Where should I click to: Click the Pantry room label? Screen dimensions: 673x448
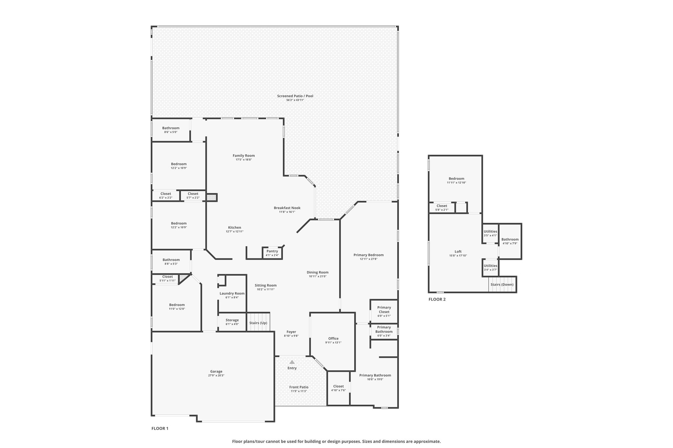click(272, 251)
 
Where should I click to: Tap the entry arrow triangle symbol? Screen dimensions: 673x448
click(292, 362)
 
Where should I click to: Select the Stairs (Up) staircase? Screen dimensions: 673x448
click(258, 322)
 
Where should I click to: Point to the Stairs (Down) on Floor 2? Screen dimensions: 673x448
click(502, 285)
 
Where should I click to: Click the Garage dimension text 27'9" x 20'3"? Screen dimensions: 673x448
click(216, 375)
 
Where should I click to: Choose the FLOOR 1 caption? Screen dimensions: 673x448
click(160, 428)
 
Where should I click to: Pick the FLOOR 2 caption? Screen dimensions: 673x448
click(437, 299)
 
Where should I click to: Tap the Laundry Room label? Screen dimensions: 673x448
click(232, 293)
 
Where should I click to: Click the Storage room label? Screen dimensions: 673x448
click(232, 320)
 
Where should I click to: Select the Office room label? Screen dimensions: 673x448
click(333, 338)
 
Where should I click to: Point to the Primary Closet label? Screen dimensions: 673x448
click(384, 310)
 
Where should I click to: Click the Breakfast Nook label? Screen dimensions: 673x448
click(287, 208)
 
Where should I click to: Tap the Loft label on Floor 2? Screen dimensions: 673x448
click(458, 252)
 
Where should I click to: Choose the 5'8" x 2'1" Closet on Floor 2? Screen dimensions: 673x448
click(442, 208)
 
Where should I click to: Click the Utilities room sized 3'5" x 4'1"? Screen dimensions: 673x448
click(490, 233)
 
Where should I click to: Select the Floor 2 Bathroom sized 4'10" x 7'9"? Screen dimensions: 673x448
click(510, 241)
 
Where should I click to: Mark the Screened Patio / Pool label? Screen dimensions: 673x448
click(295, 96)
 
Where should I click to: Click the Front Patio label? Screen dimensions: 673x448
click(299, 387)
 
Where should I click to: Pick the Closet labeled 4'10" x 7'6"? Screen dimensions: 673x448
click(338, 388)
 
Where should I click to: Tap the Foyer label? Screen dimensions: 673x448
click(291, 332)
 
